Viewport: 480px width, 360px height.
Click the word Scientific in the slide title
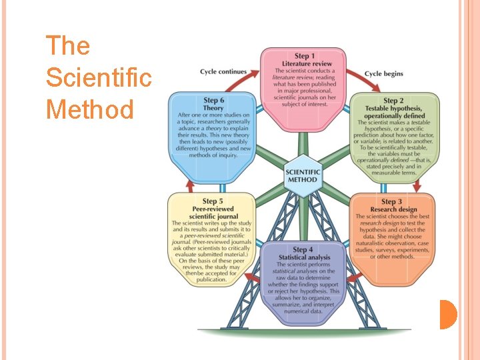pos(99,77)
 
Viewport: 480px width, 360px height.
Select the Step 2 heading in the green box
pos(393,101)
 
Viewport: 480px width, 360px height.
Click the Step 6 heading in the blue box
pos(213,100)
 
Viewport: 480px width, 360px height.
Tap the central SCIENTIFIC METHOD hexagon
pos(303,175)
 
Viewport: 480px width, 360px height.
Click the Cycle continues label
pos(223,72)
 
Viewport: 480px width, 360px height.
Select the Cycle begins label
pos(384,73)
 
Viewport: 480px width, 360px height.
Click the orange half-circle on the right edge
pos(448,315)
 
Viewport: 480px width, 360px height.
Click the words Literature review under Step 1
pos(303,63)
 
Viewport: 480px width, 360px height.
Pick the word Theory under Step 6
pos(213,107)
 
